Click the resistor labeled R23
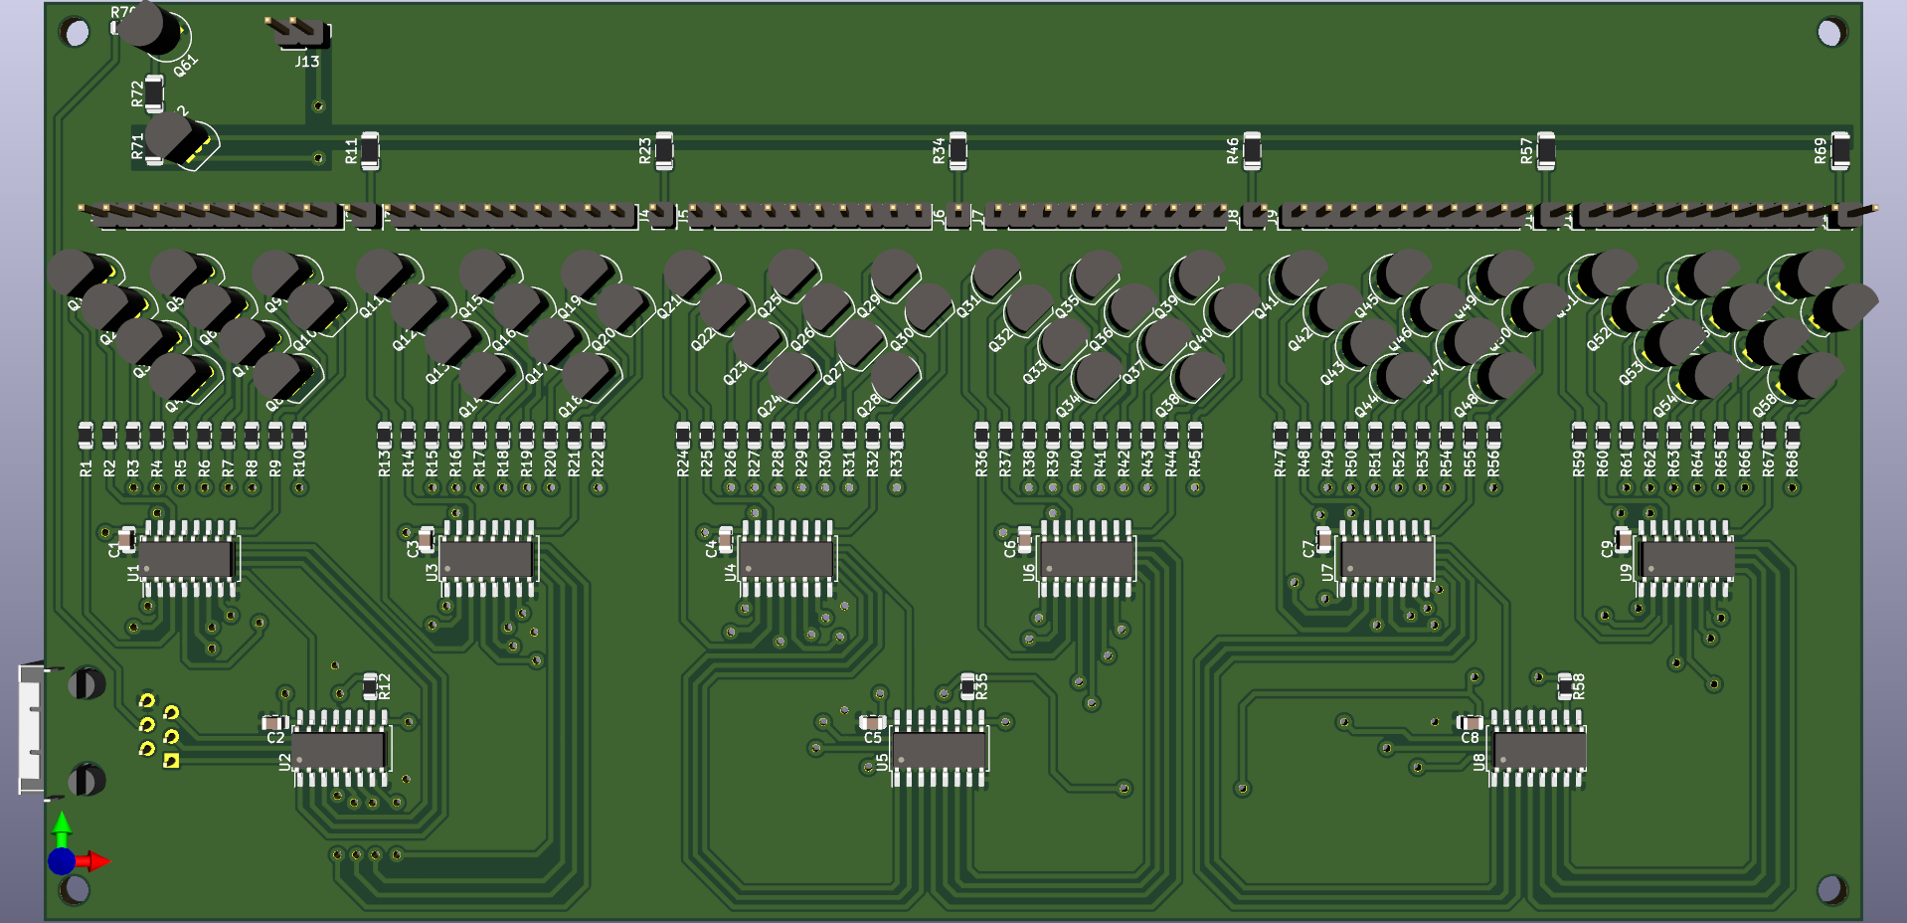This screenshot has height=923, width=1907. point(664,150)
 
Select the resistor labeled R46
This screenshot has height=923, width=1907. point(1252,150)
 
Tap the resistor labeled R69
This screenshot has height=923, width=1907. point(1840,150)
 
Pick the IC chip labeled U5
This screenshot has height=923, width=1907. point(940,749)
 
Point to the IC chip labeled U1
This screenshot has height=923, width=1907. point(188,558)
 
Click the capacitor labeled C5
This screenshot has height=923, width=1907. point(872,723)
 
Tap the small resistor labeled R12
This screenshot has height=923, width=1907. point(370,685)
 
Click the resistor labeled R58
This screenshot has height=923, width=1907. point(1564,685)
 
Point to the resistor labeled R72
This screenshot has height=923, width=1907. point(154,92)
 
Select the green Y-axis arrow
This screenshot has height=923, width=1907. point(62,826)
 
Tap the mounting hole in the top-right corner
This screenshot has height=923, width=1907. point(1830,33)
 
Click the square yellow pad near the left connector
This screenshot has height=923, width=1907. point(171,761)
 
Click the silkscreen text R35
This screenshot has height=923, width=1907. point(982,685)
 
